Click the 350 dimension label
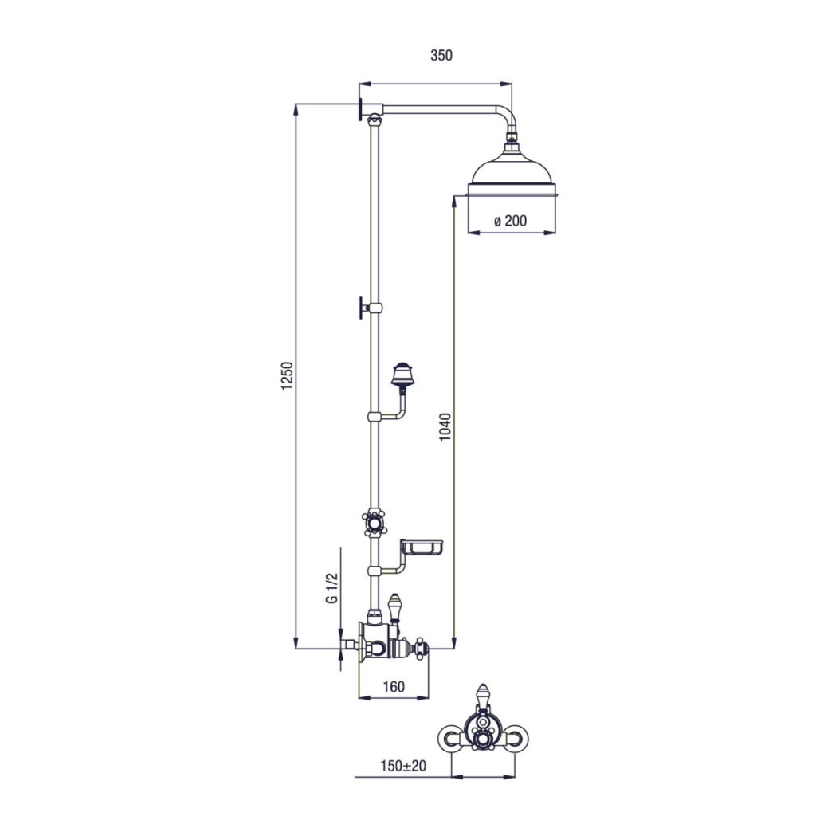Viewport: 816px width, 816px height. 441,55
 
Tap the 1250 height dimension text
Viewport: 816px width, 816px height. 288,376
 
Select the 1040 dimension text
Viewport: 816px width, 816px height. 446,427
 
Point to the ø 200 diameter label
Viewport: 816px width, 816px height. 510,222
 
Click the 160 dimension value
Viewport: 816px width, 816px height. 394,687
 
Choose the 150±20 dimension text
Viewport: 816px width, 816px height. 402,766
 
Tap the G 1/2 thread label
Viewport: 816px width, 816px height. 332,588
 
